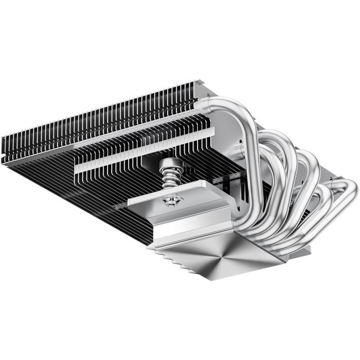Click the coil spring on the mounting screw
pyautogui.click(x=168, y=182)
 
